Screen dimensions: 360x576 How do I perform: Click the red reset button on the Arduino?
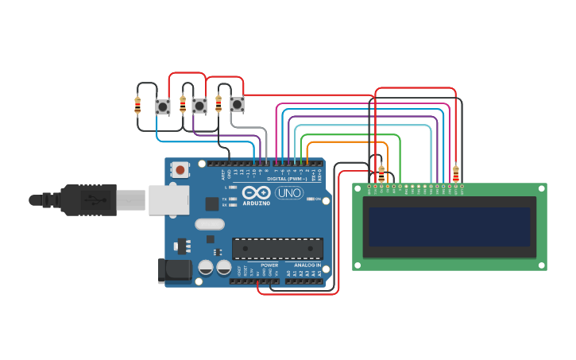[181, 169]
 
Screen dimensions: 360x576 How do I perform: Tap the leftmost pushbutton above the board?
[163, 106]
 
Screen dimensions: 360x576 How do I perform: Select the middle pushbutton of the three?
[199, 105]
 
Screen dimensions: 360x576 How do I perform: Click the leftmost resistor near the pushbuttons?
[138, 104]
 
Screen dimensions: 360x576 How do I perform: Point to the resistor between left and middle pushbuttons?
[183, 104]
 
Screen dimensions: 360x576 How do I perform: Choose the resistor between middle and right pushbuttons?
[218, 104]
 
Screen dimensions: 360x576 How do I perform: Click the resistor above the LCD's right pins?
[455, 172]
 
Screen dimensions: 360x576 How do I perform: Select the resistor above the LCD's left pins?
[381, 172]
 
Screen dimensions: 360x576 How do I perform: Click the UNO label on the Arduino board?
[289, 192]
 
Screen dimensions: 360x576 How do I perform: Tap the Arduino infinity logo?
[257, 192]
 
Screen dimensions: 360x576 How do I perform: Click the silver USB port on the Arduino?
[168, 200]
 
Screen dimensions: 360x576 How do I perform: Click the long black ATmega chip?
[277, 249]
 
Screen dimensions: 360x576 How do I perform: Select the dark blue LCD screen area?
[450, 227]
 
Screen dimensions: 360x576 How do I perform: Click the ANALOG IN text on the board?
[307, 265]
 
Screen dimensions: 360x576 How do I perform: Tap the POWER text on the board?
[269, 265]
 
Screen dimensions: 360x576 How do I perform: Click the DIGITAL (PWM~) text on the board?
[287, 179]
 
